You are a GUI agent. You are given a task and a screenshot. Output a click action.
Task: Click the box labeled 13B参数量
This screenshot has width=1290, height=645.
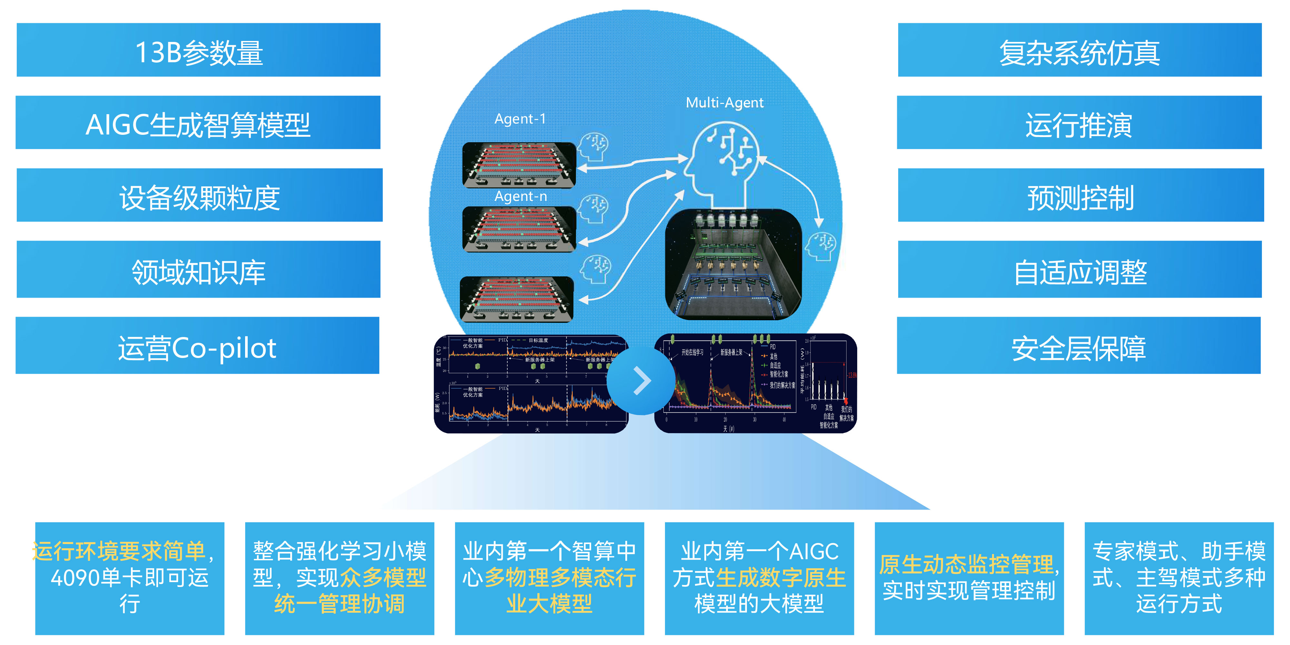coord(198,50)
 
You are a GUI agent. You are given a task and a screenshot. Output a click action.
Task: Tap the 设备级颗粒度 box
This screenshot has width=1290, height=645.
coord(199,195)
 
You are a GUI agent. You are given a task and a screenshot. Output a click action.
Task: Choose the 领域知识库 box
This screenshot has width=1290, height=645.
coord(198,269)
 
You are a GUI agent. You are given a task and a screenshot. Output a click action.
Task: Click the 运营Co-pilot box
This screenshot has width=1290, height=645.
coord(197,345)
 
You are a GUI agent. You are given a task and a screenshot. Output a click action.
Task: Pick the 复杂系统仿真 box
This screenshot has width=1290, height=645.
coord(1080,50)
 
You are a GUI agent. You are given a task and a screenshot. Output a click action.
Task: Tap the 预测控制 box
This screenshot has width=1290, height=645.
coord(1081,195)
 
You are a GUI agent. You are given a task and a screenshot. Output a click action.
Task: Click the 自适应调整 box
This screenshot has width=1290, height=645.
coord(1080,269)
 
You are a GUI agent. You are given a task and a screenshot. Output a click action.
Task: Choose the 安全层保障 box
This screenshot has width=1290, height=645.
coord(1079,345)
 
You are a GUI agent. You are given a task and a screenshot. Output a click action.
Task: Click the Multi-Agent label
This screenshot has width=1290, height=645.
coord(725,103)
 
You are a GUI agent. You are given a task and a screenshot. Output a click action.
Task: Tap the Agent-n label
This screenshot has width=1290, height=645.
coord(521,196)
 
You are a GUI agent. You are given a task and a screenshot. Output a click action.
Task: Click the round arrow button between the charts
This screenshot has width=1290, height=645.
coord(641,381)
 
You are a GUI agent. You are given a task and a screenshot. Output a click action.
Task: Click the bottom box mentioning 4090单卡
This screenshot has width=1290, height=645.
coord(130,578)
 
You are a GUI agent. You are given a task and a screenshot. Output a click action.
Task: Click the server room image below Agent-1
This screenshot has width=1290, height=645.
coord(519,165)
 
